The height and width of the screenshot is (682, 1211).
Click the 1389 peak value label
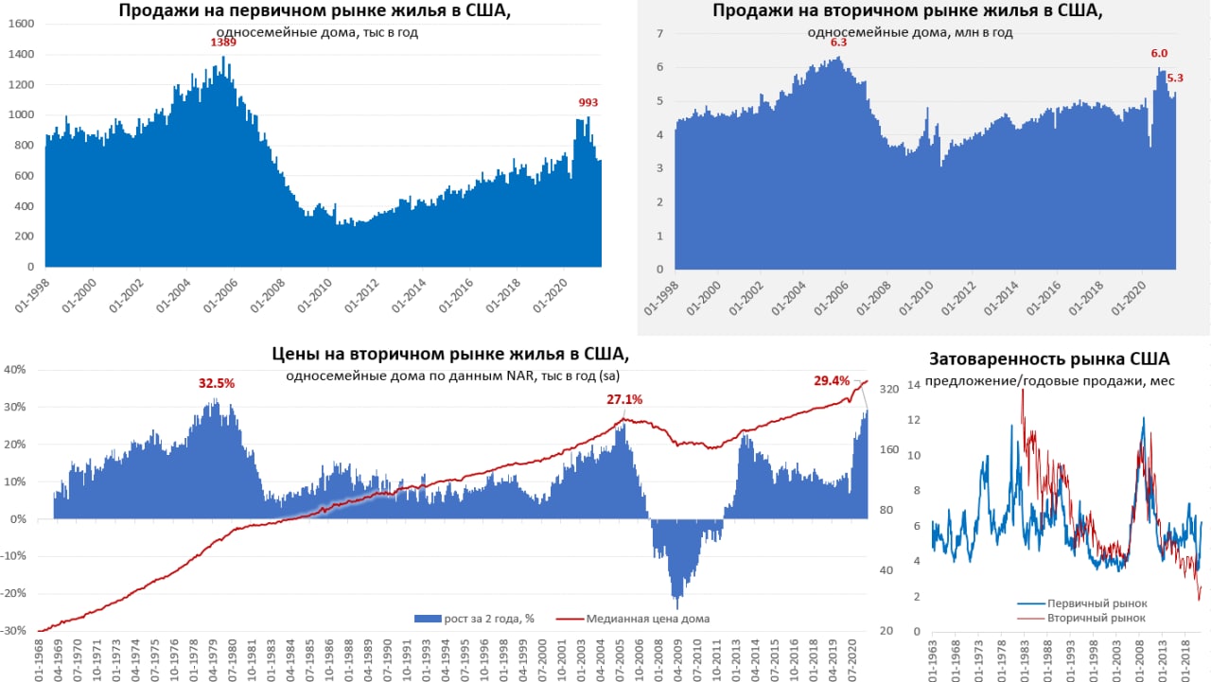(223, 43)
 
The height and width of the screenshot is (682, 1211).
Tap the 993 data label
(588, 103)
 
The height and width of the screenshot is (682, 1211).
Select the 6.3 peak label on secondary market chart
(838, 43)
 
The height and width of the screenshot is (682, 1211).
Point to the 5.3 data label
(1175, 79)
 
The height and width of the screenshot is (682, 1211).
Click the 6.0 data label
(1158, 54)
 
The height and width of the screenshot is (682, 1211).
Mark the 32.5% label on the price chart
(217, 383)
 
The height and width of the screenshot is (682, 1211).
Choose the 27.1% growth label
(624, 399)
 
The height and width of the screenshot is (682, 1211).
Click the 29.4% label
(833, 380)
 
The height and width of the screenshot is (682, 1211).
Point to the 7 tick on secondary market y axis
(660, 34)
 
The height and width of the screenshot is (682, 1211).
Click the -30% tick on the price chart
(14, 631)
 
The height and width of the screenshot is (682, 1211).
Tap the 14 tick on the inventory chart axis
(914, 385)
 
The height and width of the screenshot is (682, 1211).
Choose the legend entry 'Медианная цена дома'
(647, 619)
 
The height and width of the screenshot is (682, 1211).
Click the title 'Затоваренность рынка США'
(1049, 359)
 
